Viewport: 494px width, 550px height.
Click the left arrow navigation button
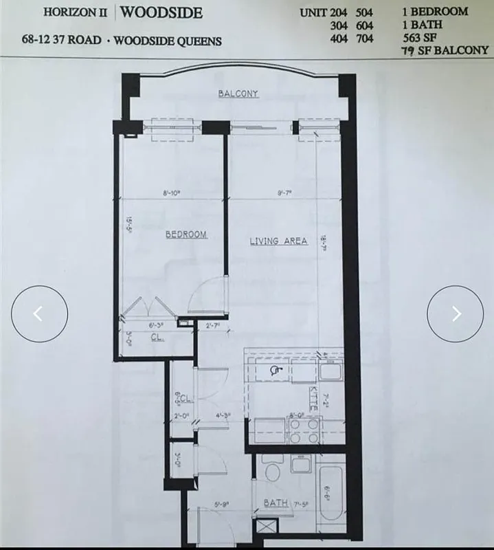[39, 313]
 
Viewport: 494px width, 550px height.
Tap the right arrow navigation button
[456, 313]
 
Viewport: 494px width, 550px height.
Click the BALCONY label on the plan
[238, 93]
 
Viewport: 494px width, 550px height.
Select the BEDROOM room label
[186, 235]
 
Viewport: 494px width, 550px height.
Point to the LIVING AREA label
[278, 241]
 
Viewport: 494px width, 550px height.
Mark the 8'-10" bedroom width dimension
[171, 194]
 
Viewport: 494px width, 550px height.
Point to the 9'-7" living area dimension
[284, 194]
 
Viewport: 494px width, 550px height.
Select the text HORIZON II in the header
[76, 12]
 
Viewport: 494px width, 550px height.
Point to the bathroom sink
[302, 465]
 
